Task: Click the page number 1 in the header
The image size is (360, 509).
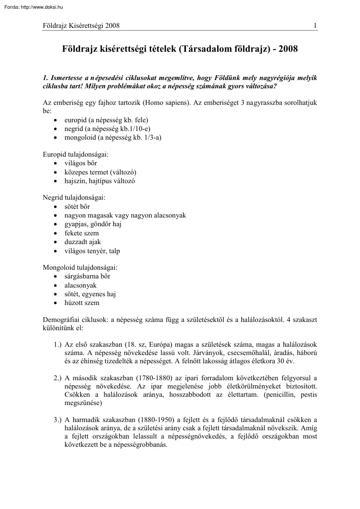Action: (x=315, y=26)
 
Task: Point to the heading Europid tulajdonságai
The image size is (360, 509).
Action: (x=76, y=154)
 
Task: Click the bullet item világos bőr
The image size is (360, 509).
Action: (x=81, y=163)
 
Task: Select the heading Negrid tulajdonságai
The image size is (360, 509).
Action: (x=74, y=198)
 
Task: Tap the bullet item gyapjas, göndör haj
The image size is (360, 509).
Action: (x=93, y=224)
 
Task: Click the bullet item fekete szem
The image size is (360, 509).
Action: (x=81, y=233)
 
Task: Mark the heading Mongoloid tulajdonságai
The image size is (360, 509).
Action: (x=80, y=268)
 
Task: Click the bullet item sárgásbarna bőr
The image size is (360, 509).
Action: (x=87, y=276)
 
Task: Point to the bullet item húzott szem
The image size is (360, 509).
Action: (x=82, y=303)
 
